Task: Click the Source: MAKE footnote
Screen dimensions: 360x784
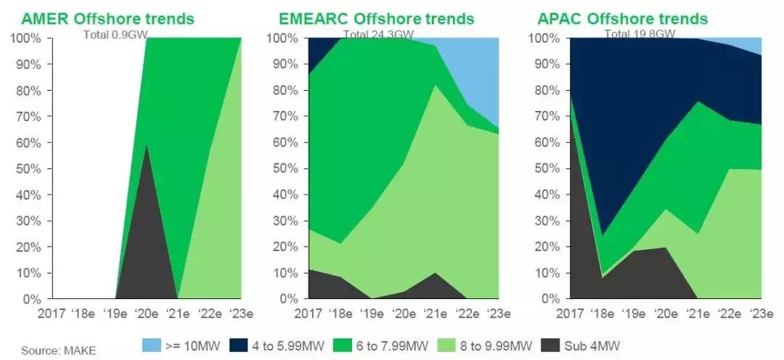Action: click(58, 351)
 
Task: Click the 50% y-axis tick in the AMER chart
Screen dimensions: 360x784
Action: click(27, 168)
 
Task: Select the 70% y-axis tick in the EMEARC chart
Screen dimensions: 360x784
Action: click(285, 116)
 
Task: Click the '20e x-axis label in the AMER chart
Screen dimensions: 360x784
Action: click(147, 314)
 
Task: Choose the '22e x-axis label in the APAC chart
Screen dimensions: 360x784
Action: click(730, 314)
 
